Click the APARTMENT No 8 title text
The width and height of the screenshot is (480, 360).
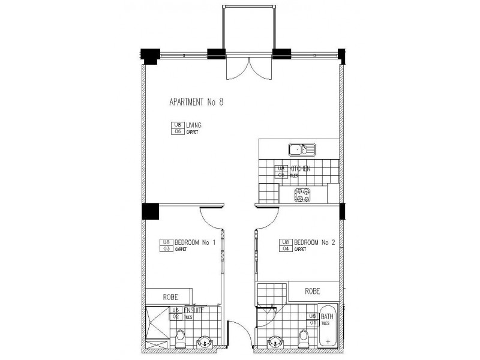click(x=197, y=103)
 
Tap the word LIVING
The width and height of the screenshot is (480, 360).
click(x=194, y=125)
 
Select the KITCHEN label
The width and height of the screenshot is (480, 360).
click(x=300, y=169)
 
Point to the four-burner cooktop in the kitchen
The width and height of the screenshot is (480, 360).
click(x=302, y=194)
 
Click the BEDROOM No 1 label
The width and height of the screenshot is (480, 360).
click(x=195, y=242)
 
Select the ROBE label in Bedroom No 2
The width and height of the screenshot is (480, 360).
click(x=312, y=292)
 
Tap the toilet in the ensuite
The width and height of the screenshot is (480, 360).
click(x=180, y=338)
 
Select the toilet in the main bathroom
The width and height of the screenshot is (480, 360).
click(x=302, y=340)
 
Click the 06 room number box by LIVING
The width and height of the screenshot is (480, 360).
click(x=177, y=131)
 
